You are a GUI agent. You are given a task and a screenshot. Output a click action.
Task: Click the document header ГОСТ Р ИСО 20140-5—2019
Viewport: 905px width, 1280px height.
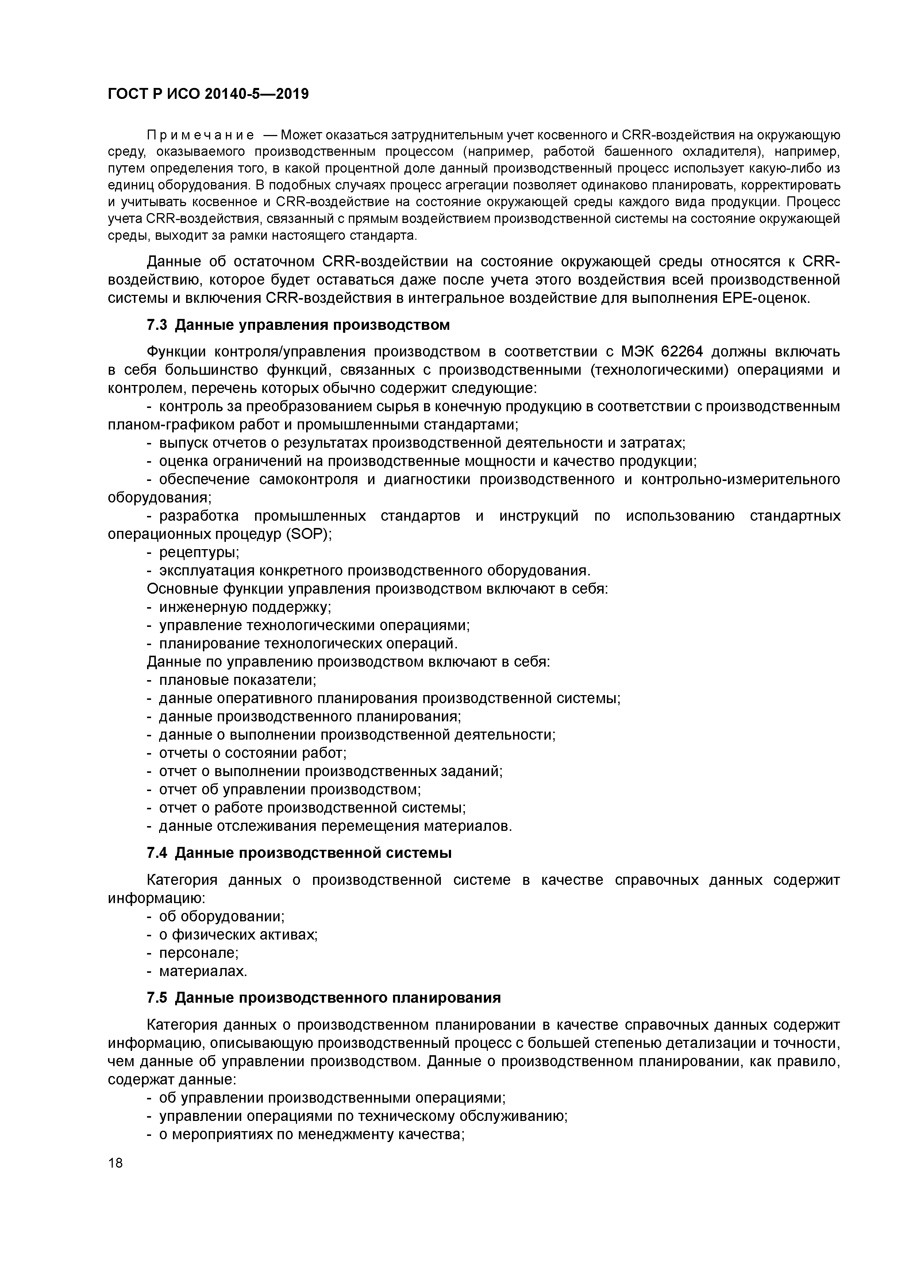pyautogui.click(x=208, y=94)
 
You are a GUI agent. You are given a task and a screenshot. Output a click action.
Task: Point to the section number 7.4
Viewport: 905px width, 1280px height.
pyautogui.click(x=157, y=853)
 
